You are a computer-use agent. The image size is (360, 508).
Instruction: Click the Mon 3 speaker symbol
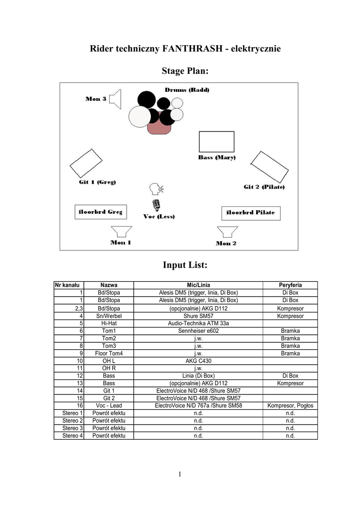point(116,99)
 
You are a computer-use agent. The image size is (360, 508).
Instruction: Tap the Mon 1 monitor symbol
point(121,232)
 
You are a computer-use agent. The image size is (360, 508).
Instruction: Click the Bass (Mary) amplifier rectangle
point(216,141)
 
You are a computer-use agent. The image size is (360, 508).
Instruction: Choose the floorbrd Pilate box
point(250,213)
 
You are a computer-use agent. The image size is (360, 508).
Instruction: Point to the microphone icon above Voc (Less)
point(156,205)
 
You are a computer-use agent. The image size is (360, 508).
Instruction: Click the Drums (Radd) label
point(187,90)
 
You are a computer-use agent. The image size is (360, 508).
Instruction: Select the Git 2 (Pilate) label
point(264,187)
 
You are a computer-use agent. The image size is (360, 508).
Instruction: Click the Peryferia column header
point(290,285)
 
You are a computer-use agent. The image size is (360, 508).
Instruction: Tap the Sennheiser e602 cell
point(198,331)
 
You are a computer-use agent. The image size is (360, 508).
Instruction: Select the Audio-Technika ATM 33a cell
point(198,323)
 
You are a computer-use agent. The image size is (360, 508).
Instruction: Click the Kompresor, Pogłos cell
point(290,406)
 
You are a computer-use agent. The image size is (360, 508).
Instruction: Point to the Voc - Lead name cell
point(109,406)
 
